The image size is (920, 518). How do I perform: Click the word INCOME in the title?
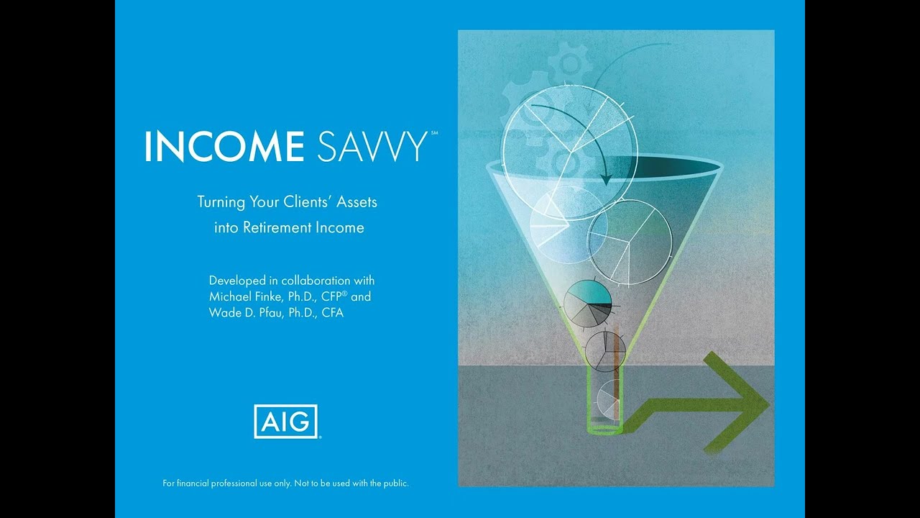(x=224, y=146)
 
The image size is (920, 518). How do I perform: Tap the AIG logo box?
(x=285, y=421)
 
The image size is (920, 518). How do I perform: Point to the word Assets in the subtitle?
(x=354, y=202)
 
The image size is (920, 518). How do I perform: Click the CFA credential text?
(x=331, y=313)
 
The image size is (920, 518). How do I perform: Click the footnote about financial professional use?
(x=286, y=483)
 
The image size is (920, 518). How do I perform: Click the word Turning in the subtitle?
(x=221, y=202)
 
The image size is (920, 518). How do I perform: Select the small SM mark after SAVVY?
(x=434, y=133)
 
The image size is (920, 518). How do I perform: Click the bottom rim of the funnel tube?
(x=604, y=430)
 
